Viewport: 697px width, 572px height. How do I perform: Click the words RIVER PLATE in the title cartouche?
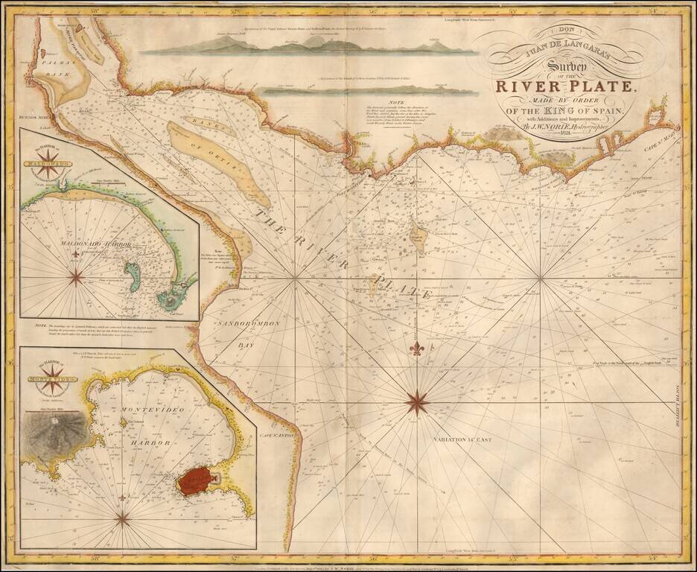click(x=564, y=86)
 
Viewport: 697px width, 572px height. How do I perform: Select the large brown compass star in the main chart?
click(x=417, y=403)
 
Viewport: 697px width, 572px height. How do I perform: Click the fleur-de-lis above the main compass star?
click(x=417, y=349)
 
